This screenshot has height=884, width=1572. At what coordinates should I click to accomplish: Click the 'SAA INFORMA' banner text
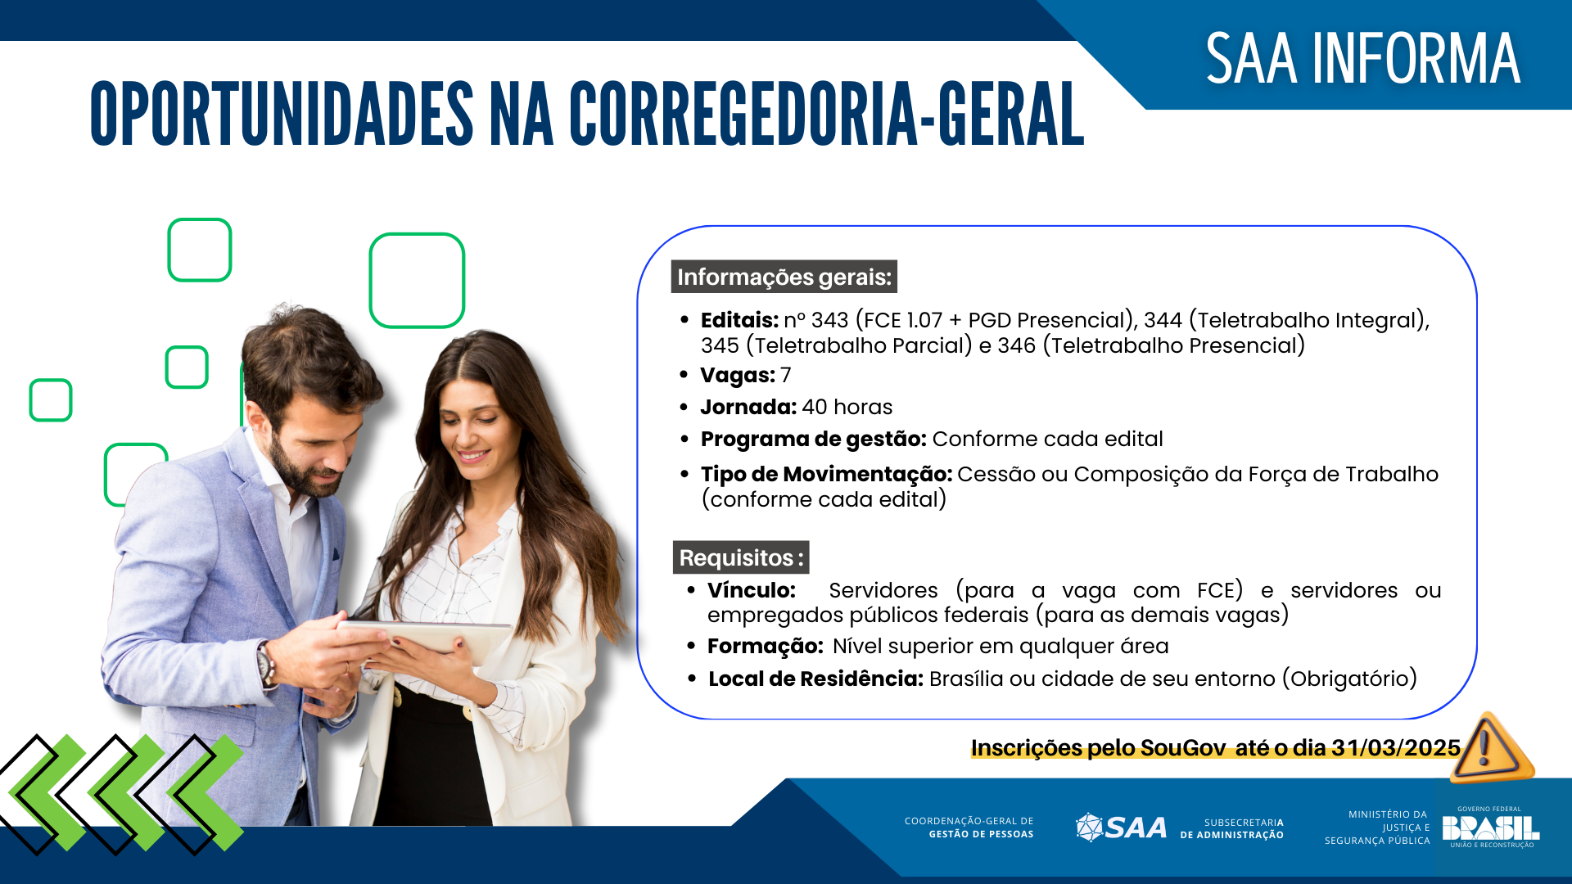[1362, 59]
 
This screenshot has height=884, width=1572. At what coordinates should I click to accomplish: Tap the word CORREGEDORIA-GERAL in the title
[826, 115]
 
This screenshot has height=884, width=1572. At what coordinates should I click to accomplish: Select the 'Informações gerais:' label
[784, 277]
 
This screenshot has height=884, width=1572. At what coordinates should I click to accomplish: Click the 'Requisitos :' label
[740, 557]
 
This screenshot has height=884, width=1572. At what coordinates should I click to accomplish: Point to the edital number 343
[829, 320]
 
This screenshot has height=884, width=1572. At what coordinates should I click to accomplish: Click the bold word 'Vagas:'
[737, 375]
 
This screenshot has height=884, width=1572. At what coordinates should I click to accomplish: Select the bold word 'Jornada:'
[748, 407]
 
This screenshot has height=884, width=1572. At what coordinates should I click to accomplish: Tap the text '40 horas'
[847, 407]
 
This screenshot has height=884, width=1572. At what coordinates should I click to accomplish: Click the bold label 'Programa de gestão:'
[813, 439]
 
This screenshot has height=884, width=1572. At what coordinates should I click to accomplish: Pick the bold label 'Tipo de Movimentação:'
[826, 474]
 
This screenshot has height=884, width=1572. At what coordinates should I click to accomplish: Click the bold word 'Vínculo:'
[751, 590]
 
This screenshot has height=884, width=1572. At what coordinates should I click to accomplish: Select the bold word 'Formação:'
[765, 646]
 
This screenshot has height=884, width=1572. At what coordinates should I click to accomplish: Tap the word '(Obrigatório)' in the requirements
[1349, 679]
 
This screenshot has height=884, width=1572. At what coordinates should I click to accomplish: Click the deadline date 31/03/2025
[1395, 747]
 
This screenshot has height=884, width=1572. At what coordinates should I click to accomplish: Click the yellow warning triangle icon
[1489, 747]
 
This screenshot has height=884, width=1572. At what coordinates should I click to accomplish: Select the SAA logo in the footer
[1121, 828]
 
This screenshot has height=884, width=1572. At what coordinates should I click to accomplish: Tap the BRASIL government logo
[1490, 828]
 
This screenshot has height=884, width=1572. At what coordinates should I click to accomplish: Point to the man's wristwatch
[266, 663]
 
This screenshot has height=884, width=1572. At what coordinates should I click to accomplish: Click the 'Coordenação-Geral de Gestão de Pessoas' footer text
[969, 828]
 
